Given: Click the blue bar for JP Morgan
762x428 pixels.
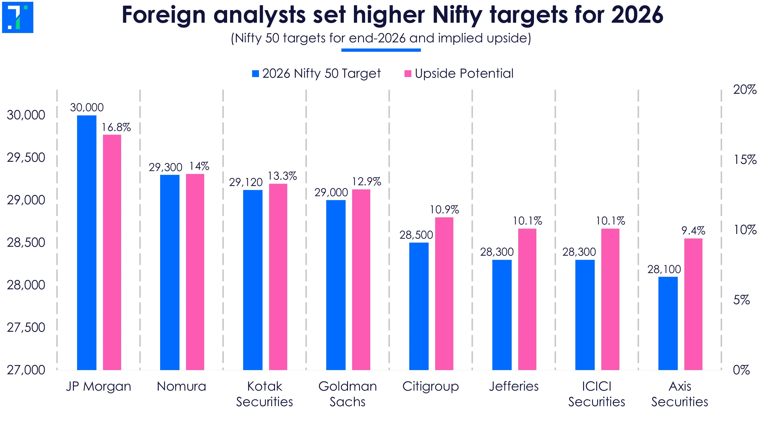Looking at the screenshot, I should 87,242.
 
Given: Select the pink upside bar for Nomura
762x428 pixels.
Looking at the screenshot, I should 195,272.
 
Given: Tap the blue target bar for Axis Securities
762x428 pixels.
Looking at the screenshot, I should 668,323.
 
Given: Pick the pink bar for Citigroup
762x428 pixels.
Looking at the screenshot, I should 444,293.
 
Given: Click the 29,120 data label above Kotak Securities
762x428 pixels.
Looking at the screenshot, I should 246,182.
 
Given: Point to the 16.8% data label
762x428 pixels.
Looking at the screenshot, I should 116,128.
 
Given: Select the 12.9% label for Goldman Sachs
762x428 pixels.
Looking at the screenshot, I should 366,182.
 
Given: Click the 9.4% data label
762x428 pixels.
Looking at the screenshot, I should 693,231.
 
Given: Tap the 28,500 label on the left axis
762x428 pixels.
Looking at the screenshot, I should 26,243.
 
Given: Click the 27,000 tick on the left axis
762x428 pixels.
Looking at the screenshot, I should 26,370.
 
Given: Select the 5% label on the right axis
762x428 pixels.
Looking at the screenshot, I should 741,300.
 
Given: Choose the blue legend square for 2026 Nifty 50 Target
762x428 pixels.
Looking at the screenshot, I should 255,73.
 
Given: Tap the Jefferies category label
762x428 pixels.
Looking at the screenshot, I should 514,386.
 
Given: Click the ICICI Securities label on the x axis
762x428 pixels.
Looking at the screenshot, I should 597,394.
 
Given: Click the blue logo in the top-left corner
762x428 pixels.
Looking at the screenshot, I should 18,17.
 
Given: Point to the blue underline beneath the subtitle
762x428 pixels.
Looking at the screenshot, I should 381,50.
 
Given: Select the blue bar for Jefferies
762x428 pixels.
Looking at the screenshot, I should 502,315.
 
